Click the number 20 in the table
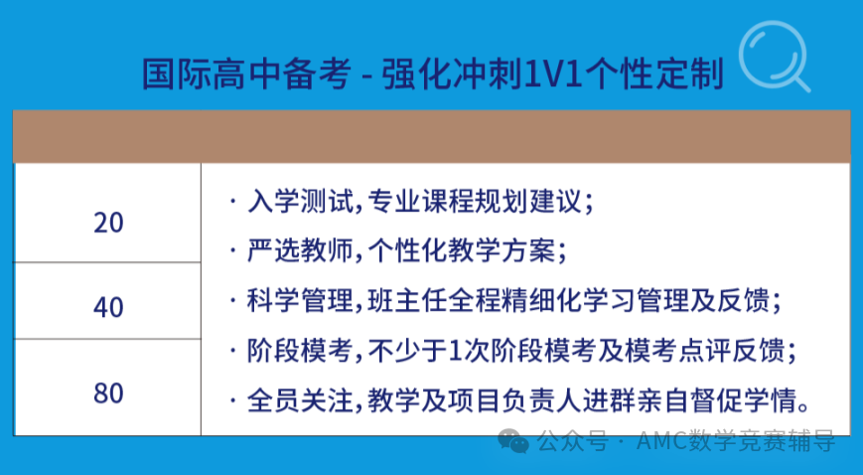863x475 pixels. pyautogui.click(x=108, y=224)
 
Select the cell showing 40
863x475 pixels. pyautogui.click(x=108, y=301)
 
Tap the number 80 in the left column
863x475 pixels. pyautogui.click(x=108, y=394)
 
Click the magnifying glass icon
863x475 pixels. pyautogui.click(x=775, y=57)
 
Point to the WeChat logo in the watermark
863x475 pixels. pyautogui.click(x=513, y=441)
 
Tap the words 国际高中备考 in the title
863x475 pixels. pyautogui.click(x=246, y=74)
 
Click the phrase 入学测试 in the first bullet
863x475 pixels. pyautogui.click(x=300, y=201)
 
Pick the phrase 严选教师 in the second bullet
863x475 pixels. pyautogui.click(x=300, y=251)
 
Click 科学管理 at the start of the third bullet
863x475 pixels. pyautogui.click(x=300, y=301)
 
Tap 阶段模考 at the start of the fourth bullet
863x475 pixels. pyautogui.click(x=300, y=351)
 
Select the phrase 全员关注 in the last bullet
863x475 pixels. pyautogui.click(x=300, y=400)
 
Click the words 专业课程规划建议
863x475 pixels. pyautogui.click(x=475, y=201)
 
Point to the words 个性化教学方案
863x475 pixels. pyautogui.click(x=461, y=251)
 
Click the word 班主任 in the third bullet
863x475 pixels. pyautogui.click(x=407, y=301)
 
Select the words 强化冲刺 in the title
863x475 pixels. pyautogui.click(x=452, y=74)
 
